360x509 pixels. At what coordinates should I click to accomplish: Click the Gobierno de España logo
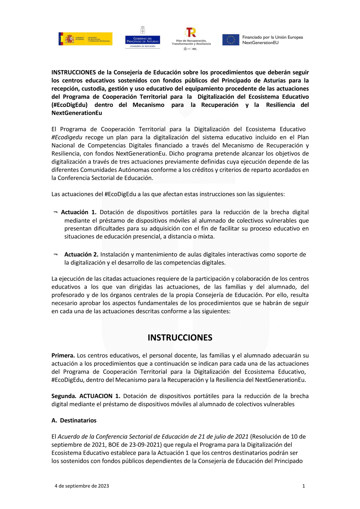85,39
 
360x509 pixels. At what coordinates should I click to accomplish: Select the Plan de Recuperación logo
191,38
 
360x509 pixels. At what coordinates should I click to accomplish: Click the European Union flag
230,40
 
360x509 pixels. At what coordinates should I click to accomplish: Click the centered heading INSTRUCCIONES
180,338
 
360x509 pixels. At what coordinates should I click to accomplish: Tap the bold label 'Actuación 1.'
78,212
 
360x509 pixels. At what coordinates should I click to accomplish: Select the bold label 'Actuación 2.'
81,254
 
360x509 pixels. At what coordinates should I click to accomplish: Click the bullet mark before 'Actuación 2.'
55,254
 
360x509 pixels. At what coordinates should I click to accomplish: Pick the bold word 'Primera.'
63,356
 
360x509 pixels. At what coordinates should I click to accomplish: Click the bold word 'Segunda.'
64,396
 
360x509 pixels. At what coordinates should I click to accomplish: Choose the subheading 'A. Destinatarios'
74,420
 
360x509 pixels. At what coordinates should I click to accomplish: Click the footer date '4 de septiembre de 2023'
82,486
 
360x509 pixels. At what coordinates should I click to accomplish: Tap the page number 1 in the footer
303,486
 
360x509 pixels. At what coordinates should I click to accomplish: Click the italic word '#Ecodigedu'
67,138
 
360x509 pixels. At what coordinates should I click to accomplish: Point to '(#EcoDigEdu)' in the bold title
69,105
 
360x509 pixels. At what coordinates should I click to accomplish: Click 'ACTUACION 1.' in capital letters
100,396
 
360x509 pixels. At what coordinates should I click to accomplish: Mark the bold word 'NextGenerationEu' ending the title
77,113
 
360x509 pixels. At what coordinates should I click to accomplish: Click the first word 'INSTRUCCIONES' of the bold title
73,72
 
